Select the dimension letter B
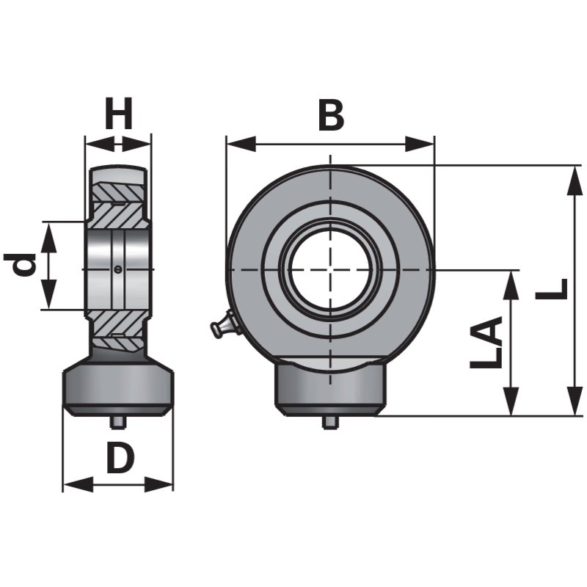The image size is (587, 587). point(330,115)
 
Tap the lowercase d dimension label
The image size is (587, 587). point(23,265)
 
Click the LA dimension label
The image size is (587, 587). point(486,343)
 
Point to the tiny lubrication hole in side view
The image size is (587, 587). point(119,269)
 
